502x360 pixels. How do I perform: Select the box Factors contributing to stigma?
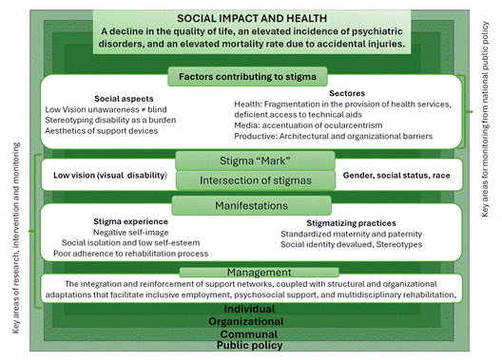248,74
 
